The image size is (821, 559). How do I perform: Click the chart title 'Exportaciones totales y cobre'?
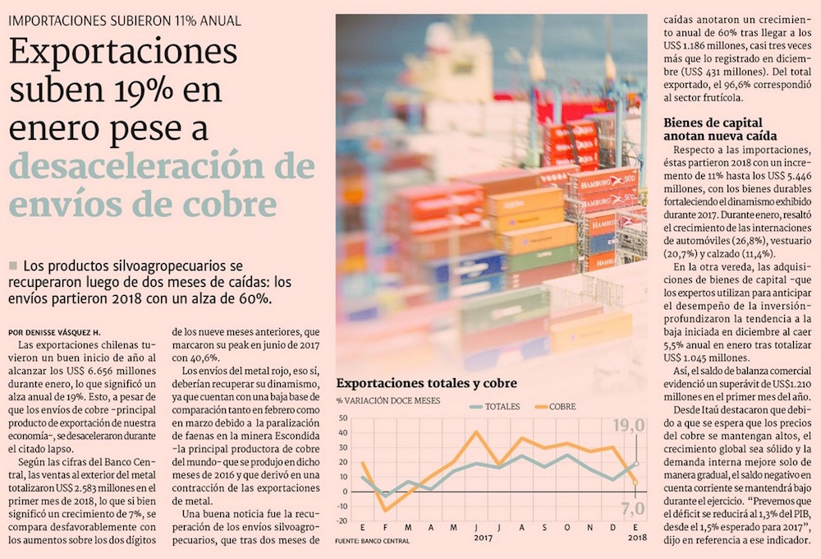coord(426,384)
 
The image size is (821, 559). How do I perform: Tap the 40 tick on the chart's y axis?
coord(345,432)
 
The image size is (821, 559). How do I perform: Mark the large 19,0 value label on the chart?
coord(631,425)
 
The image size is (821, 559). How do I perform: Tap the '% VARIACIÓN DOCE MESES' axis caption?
coord(388,401)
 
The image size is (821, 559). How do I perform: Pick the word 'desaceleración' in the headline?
coord(140,165)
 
